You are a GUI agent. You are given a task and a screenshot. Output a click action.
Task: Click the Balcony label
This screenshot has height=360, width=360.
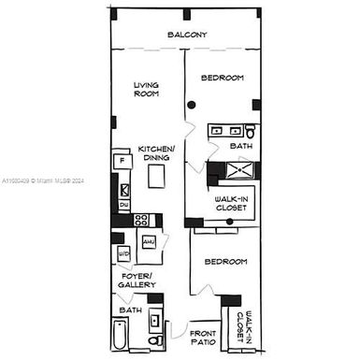coord(187,36)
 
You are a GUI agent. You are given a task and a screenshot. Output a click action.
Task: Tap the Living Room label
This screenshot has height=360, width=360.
coord(146,89)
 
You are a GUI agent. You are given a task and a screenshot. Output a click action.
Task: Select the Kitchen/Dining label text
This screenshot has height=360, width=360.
coord(154,153)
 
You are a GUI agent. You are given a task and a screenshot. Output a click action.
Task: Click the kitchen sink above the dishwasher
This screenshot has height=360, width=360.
coord(123,189)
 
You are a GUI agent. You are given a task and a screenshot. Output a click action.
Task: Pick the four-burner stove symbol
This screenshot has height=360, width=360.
coord(142,221)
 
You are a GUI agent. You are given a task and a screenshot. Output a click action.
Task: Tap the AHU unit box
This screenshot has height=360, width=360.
coord(148,241)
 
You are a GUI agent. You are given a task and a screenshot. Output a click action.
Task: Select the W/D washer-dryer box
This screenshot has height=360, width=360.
coord(123,253)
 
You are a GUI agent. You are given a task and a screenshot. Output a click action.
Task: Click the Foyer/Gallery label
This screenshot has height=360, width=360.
coord(137,281)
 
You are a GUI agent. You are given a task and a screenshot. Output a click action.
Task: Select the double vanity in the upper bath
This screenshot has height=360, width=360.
coord(224,132)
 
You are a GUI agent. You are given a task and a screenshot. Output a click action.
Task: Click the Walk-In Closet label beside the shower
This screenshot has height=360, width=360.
coord(231,203)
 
